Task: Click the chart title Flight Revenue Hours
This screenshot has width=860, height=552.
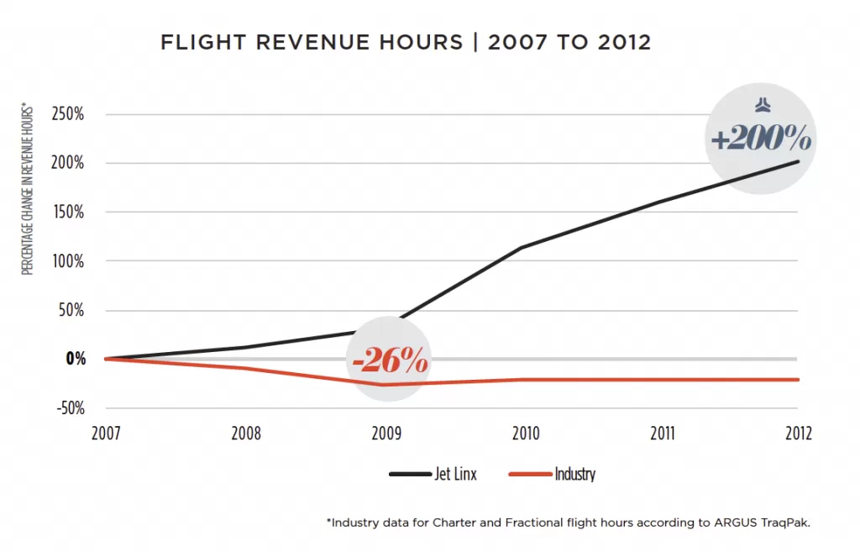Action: (406, 43)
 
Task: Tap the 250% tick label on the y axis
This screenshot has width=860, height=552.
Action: (67, 114)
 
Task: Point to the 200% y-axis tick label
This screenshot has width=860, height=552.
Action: (67, 163)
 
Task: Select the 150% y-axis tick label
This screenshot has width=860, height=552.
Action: (67, 212)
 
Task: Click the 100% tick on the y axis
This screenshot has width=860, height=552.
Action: (67, 260)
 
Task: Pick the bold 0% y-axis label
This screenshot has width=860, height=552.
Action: (76, 359)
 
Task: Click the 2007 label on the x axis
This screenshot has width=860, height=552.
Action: (106, 434)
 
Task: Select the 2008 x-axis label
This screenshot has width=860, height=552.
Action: (244, 434)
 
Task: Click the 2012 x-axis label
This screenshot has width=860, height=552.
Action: (798, 434)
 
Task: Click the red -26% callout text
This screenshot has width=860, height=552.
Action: (391, 362)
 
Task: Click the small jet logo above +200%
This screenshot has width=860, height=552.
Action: (761, 105)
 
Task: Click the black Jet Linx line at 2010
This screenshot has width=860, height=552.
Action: (522, 247)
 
